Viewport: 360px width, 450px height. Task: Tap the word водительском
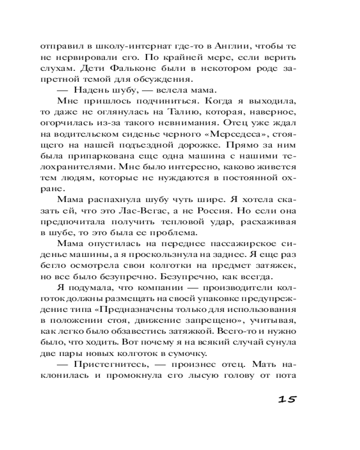click(x=95, y=133)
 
